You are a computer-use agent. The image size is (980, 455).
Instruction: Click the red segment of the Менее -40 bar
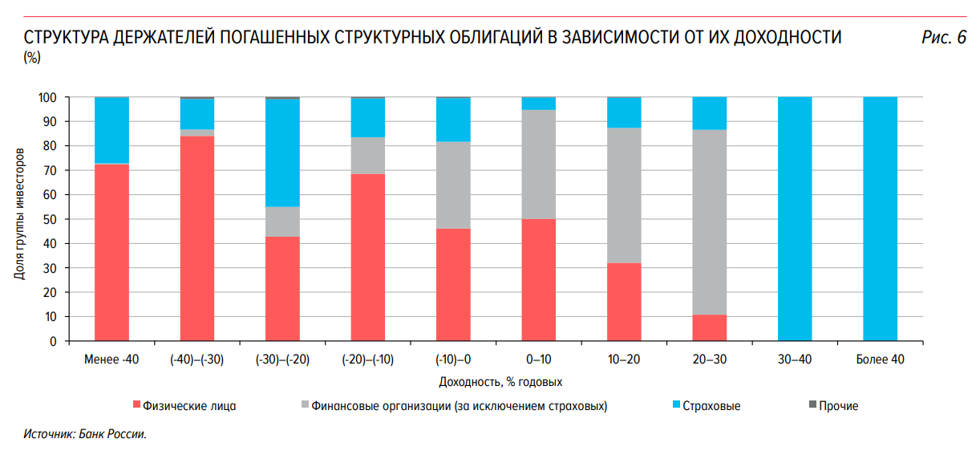click(111, 253)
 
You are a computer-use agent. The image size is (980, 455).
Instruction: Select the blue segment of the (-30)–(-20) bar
click(282, 152)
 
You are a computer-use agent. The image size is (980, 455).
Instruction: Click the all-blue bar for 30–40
click(795, 219)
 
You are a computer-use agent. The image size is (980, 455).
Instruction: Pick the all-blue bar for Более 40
click(880, 219)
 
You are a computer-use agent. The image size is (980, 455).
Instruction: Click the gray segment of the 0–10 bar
click(538, 165)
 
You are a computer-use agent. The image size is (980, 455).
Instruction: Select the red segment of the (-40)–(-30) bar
click(197, 238)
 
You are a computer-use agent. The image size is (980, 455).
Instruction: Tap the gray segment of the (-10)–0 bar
click(453, 185)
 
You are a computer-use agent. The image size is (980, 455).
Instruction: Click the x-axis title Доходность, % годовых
click(500, 382)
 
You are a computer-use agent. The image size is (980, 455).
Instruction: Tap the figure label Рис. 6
click(944, 38)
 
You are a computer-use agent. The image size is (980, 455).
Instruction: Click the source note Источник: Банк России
click(86, 434)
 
